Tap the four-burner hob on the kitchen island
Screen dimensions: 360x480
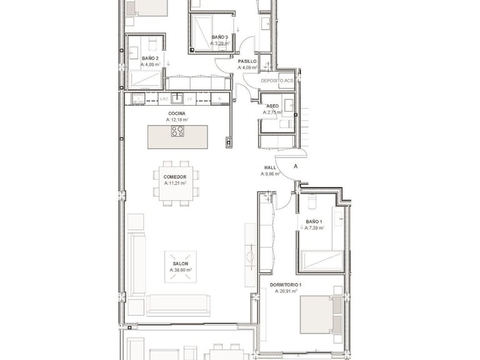[x=177, y=132]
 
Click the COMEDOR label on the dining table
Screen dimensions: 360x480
[x=176, y=177]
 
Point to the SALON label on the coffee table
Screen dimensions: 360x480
[x=181, y=264]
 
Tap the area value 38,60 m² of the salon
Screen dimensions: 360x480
[x=181, y=271]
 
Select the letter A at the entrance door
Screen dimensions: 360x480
[x=295, y=167]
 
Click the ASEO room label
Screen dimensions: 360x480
[x=272, y=106]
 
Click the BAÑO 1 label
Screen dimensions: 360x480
[x=314, y=222]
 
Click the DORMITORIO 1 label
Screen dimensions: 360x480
[x=286, y=285]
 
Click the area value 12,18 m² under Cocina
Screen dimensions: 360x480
[x=177, y=119]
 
